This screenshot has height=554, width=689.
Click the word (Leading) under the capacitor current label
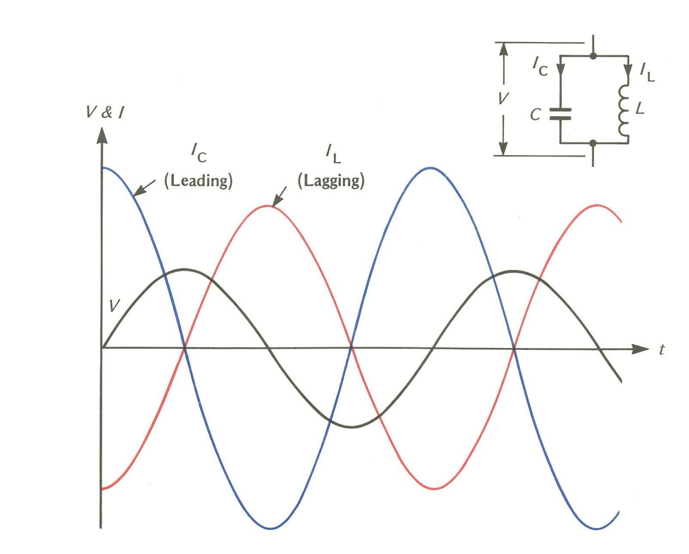click(x=198, y=181)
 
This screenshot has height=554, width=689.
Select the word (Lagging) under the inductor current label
click(x=331, y=181)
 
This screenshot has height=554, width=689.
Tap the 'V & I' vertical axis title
click(x=105, y=112)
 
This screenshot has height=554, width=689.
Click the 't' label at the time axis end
click(x=661, y=350)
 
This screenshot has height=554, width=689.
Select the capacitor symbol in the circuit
click(x=560, y=114)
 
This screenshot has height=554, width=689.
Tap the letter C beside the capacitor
click(x=535, y=114)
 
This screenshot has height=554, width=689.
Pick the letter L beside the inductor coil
click(x=640, y=108)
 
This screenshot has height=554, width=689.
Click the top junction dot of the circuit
click(x=593, y=56)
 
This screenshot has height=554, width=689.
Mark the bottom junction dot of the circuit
click(x=593, y=143)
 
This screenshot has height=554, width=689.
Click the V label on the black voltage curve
click(x=114, y=305)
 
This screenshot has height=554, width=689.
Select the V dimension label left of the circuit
click(x=503, y=98)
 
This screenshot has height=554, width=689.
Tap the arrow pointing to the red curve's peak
click(x=279, y=196)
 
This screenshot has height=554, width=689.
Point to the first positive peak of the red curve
click(x=268, y=206)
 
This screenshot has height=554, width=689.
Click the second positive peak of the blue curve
click(x=431, y=167)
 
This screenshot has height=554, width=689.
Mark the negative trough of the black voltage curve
click(x=352, y=427)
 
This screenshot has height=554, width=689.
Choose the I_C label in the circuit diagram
click(x=540, y=67)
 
